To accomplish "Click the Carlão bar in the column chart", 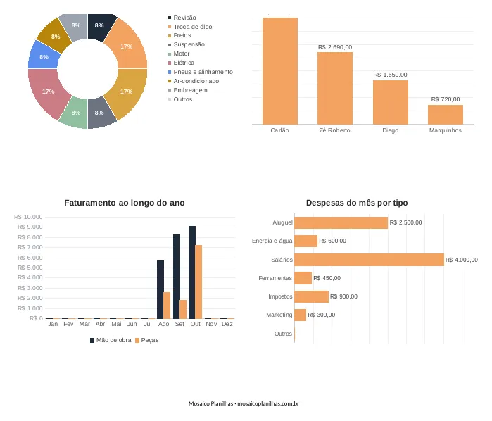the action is pyautogui.click(x=280, y=71).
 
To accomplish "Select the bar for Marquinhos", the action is pyautogui.click(x=446, y=115).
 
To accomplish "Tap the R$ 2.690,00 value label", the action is pyautogui.click(x=335, y=47).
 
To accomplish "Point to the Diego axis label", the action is pyautogui.click(x=391, y=130).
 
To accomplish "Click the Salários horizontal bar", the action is pyautogui.click(x=369, y=260).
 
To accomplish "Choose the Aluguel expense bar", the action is pyautogui.click(x=341, y=223).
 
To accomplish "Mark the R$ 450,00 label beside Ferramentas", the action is pyautogui.click(x=327, y=278).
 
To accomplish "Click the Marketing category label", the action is pyautogui.click(x=279, y=315).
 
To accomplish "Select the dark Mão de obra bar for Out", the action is pyautogui.click(x=192, y=272).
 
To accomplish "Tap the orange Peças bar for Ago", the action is pyautogui.click(x=167, y=306).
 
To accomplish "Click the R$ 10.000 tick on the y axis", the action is pyautogui.click(x=28, y=217).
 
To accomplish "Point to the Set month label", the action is pyautogui.click(x=179, y=324).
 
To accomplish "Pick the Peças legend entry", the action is pyautogui.click(x=147, y=340).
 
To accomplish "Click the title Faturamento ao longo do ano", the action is pyautogui.click(x=125, y=203).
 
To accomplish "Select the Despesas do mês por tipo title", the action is pyautogui.click(x=357, y=203).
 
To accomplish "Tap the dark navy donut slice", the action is pyautogui.click(x=101, y=26).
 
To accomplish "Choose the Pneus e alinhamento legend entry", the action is pyautogui.click(x=201, y=72).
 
